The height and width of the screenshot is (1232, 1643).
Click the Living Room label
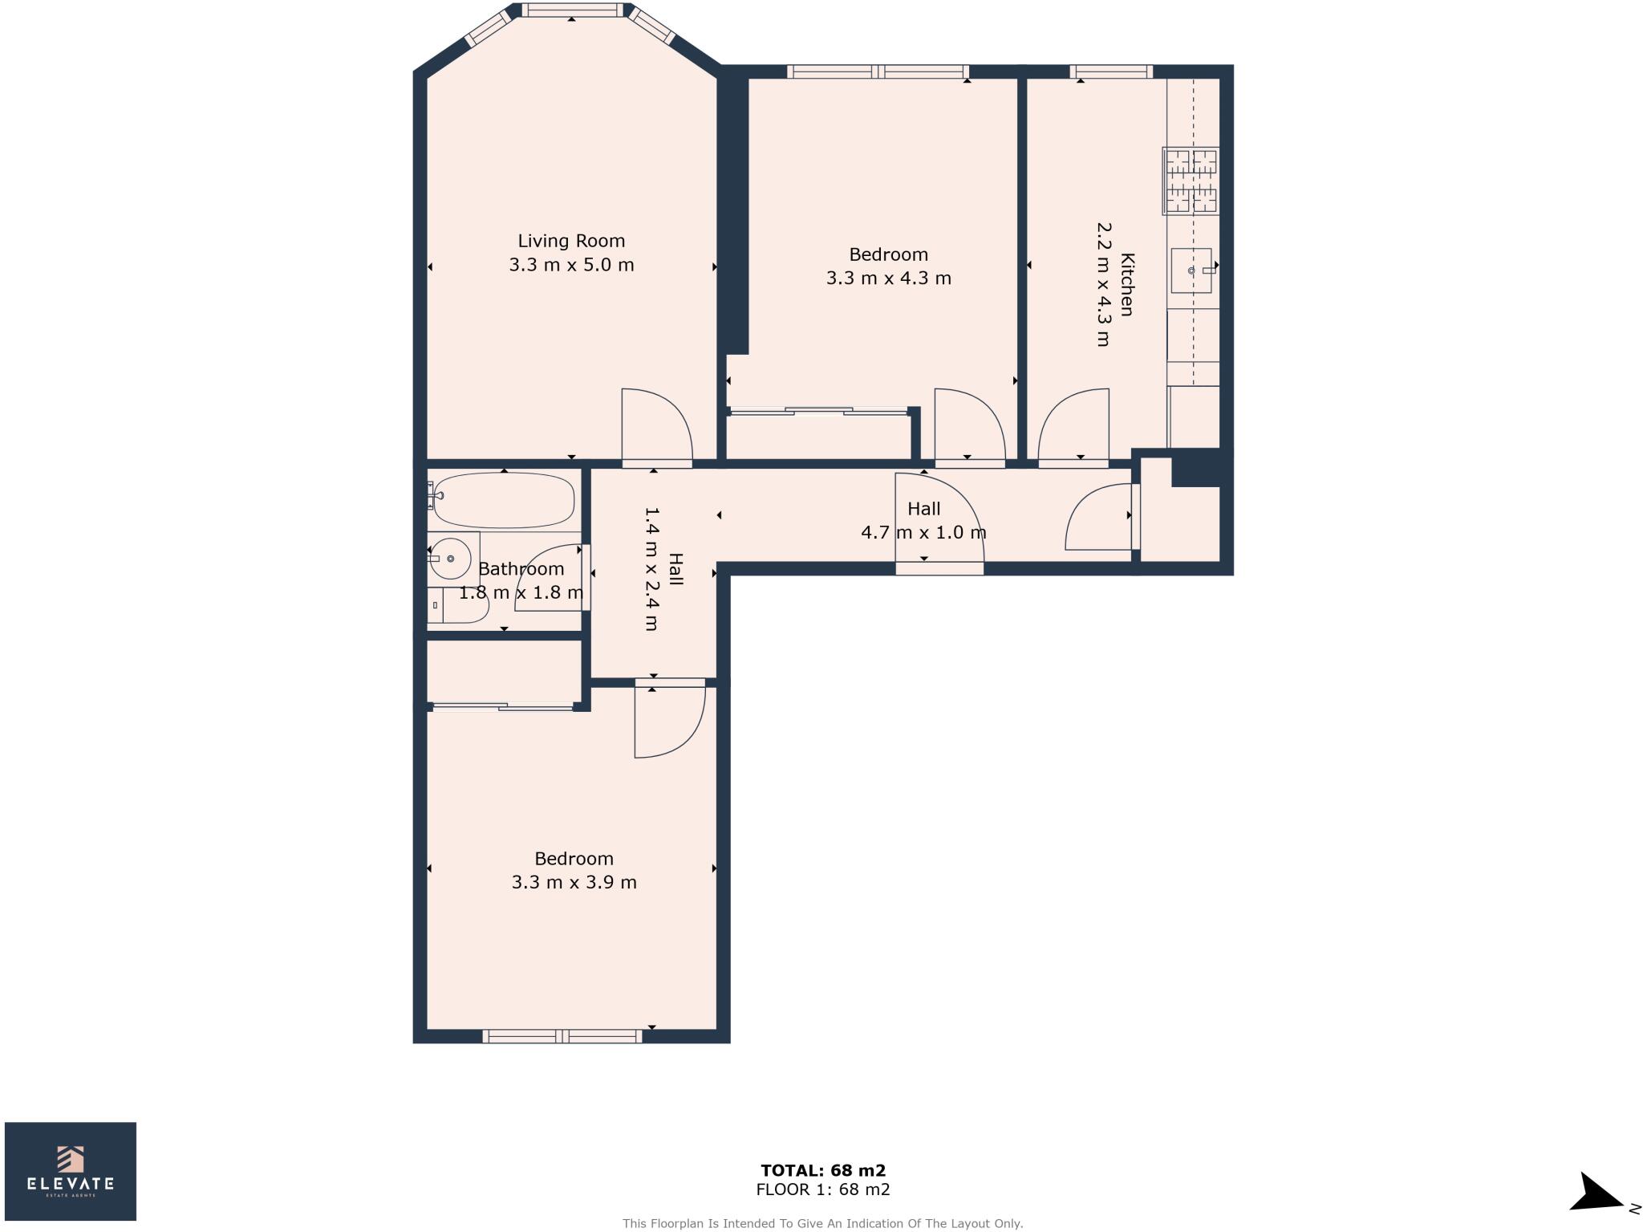point(571,241)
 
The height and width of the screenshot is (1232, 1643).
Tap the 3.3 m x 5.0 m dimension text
point(571,265)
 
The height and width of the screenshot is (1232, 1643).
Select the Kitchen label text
point(1127,284)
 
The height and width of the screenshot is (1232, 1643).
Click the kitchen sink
point(1191,270)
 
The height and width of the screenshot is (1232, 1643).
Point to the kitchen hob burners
point(1191,181)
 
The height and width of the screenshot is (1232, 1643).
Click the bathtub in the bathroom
point(504,501)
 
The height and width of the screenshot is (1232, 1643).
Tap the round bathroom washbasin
point(450,558)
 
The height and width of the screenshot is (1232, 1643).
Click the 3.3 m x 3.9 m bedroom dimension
point(574,883)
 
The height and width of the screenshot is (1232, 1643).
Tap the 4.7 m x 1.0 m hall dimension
point(923,532)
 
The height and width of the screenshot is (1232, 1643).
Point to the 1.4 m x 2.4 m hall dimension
point(651,568)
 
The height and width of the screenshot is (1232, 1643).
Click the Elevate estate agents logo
point(71,1171)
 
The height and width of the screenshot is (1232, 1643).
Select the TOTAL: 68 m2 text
point(823,1171)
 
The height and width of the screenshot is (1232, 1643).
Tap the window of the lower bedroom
point(562,1036)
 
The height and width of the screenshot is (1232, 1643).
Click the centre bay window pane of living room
point(572,10)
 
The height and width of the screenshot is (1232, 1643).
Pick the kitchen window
point(1111,72)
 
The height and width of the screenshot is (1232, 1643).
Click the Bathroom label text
point(521,569)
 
